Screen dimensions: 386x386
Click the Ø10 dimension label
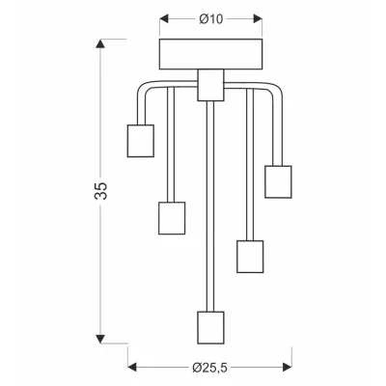[211, 19]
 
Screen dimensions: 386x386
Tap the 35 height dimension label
[101, 191]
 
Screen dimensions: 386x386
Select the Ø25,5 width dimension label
[209, 367]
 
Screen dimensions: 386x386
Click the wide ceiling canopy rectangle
[211, 54]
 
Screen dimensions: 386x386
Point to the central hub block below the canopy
[210, 85]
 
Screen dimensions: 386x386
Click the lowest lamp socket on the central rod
[210, 327]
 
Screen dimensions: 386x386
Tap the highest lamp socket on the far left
[141, 141]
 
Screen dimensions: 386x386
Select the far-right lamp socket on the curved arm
[278, 181]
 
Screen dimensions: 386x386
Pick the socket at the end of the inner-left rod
[172, 218]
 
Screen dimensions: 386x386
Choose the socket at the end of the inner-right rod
[250, 257]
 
